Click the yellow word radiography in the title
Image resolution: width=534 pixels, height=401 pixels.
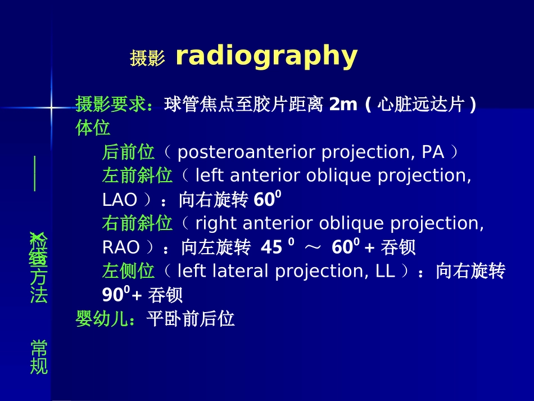click(x=266, y=56)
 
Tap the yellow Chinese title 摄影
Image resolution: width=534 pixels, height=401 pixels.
click(x=147, y=58)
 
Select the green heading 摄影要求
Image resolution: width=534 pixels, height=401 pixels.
click(x=111, y=105)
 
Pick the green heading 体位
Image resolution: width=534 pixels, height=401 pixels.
click(x=93, y=128)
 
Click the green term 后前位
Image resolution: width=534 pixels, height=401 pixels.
click(x=128, y=152)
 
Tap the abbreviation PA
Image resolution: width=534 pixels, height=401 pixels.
click(x=433, y=152)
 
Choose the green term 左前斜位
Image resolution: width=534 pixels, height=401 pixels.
click(x=137, y=175)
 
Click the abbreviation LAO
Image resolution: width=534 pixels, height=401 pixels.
click(x=120, y=200)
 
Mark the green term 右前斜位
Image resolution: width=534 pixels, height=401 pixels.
click(x=137, y=223)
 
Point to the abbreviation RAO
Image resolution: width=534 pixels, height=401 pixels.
click(x=120, y=247)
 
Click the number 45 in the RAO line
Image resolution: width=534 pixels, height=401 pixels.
click(x=271, y=247)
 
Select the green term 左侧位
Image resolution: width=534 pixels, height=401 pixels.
click(x=128, y=271)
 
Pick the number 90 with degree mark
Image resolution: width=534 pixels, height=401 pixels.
click(x=115, y=295)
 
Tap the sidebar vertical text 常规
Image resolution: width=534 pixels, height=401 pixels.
click(x=39, y=357)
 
